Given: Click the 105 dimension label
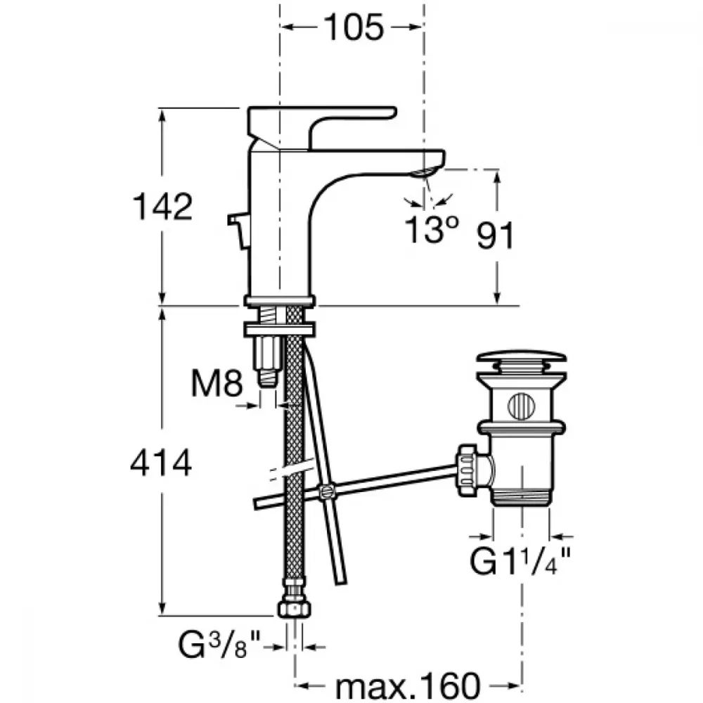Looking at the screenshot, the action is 354,27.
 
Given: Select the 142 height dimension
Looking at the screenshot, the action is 163,207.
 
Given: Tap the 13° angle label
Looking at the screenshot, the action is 432,230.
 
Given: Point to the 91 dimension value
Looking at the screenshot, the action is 495,236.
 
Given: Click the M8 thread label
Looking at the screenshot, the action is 217,384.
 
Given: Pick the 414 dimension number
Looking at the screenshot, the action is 162,463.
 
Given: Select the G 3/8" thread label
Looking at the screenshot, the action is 219,645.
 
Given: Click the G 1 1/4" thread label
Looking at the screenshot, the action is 520,561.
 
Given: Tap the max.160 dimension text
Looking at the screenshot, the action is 408,685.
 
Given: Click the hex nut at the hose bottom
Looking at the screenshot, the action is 294,609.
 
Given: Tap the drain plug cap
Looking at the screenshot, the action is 521,357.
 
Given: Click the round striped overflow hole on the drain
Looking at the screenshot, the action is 522,406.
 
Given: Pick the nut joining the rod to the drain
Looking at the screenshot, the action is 470,470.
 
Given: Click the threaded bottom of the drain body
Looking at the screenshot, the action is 521,498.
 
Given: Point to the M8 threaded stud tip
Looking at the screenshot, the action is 268,377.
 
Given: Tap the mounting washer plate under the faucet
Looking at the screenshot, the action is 280,330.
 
